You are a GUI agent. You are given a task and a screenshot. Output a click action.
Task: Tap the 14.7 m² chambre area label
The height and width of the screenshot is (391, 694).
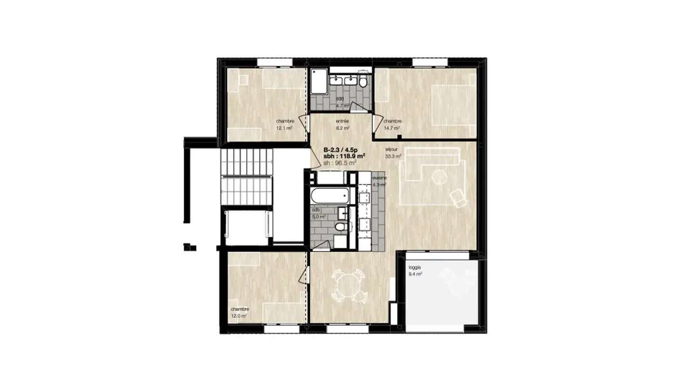coord(393,128)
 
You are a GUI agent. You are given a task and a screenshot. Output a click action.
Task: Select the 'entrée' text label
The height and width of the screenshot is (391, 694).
coord(342,121)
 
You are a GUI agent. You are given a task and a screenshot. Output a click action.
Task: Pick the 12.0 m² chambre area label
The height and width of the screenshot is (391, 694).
coord(239,316)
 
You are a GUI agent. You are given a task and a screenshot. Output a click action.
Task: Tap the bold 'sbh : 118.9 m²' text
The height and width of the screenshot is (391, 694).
coord(344,156)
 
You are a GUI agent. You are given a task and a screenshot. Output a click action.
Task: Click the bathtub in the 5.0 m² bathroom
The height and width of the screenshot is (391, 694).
coord(330,196)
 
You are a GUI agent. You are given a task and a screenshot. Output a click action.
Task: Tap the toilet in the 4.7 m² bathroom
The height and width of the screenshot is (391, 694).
coord(363,81)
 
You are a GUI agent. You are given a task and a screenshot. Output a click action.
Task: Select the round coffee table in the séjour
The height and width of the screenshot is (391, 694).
coord(439,177)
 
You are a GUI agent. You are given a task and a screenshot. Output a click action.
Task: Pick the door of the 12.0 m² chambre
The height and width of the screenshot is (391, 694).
coord(303,278)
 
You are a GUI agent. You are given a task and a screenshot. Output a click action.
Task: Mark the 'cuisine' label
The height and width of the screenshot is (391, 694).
coord(379,178)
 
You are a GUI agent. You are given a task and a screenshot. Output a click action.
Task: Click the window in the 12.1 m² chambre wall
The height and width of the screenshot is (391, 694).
coord(275,61)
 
